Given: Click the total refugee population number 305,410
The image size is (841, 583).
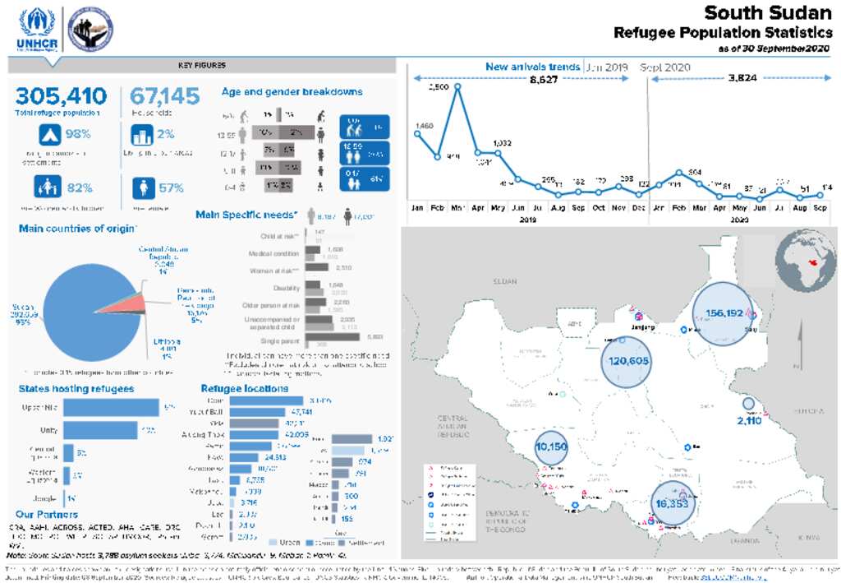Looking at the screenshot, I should pos(61,96).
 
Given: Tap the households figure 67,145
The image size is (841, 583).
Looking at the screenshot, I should pos(165,96).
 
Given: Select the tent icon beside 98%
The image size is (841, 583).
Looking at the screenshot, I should pos(50,134).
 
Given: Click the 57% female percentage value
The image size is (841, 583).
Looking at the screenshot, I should pos(170,187).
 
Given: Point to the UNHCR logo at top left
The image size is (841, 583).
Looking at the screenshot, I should pos(36,30).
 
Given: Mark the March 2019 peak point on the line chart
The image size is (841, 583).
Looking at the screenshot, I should pos(457,86).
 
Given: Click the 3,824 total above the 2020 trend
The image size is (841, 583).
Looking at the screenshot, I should pos(742,78).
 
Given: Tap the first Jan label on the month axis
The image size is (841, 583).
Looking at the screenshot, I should pos(417,209).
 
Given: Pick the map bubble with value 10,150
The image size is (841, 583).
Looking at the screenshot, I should pos(551,447).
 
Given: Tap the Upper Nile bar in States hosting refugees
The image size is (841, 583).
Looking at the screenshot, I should pos(111,407).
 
